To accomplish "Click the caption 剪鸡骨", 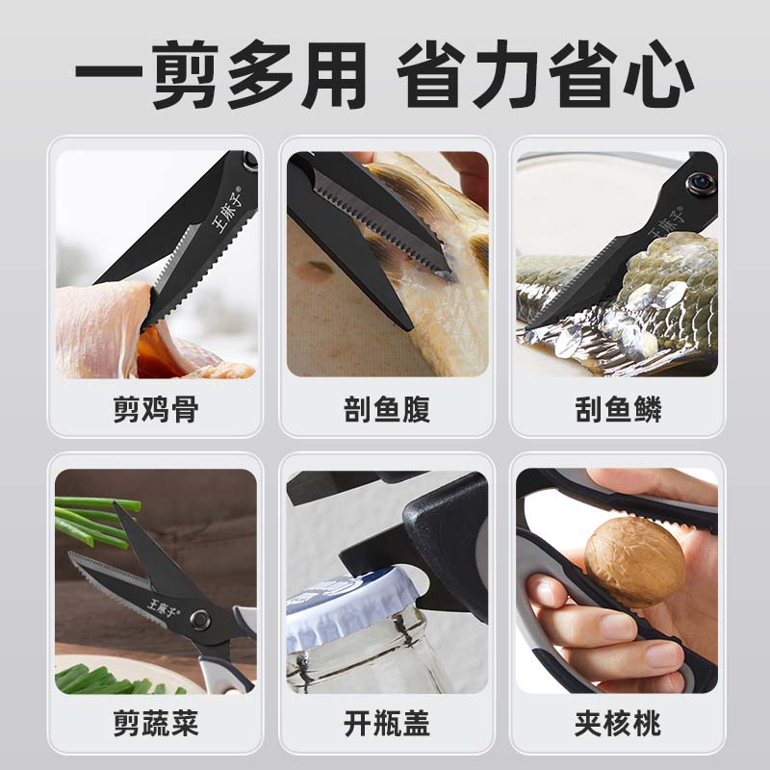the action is coord(156,409).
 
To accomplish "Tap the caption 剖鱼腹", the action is coord(387,409).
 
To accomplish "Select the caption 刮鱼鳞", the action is coord(618,409).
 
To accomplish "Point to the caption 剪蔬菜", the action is coord(156,723).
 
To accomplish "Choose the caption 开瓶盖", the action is coord(387,723).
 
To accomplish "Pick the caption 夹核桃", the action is coord(618,723).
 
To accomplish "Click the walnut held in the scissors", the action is coord(635,561).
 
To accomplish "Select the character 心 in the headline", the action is coord(658,75).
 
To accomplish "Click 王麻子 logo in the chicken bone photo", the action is coord(228,210).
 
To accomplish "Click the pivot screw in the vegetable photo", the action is coord(200,620).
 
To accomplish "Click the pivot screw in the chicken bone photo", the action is coord(250,161).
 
